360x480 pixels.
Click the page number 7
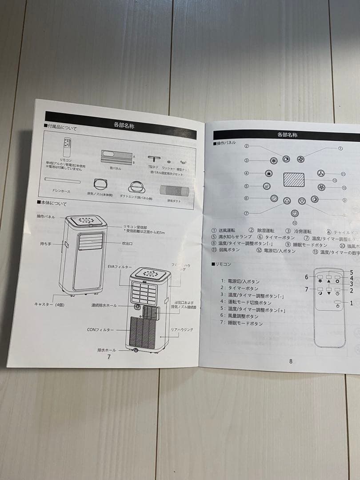click(x=108, y=356)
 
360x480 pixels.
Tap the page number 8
click(x=291, y=361)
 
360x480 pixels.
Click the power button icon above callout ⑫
click(x=294, y=213)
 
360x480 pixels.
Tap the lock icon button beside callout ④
click(x=268, y=173)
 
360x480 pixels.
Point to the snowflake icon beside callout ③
click(x=273, y=160)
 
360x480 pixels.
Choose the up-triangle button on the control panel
click(x=287, y=201)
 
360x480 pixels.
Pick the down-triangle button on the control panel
click(x=302, y=201)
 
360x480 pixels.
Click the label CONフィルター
click(x=100, y=330)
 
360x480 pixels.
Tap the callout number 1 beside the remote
click(x=351, y=303)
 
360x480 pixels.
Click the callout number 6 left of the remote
click(x=307, y=277)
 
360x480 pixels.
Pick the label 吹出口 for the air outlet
click(x=128, y=244)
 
